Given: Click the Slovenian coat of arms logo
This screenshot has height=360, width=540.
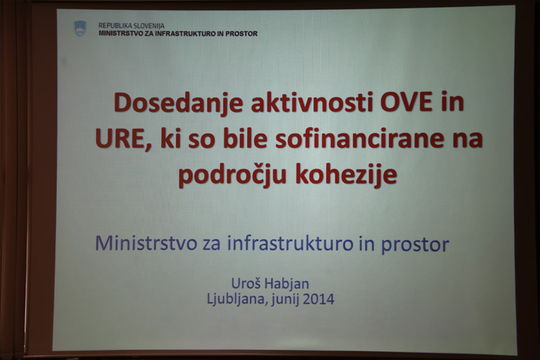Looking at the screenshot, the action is click(x=80, y=28).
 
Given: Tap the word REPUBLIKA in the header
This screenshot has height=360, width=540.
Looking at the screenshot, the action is click(x=113, y=26).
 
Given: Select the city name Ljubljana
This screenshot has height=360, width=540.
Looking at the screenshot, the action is click(x=237, y=299).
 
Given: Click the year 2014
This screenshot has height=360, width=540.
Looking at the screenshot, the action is click(x=319, y=299).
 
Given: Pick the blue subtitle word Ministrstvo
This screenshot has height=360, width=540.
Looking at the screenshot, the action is click(x=146, y=243).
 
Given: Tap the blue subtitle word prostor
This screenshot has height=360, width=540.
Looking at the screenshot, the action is click(x=414, y=245).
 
